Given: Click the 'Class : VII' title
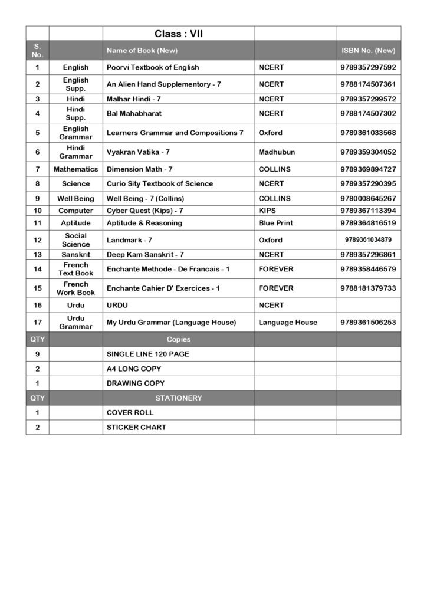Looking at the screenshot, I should coord(178,34).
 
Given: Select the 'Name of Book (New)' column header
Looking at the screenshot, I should coord(142,51).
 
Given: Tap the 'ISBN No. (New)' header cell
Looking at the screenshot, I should coord(369,51).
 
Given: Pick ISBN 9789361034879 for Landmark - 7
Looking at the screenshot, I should coord(368,240).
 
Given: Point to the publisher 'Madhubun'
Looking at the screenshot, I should coord(277,152).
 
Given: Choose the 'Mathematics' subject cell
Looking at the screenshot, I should coord(75,169).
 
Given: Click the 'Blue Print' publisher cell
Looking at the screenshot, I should coord(275,223).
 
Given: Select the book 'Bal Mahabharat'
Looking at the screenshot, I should coord(134,113).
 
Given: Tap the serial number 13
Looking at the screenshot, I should coord(37,255).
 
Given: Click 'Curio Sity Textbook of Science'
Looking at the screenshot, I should coord(159,184).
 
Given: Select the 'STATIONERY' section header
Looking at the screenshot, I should coord(178,398).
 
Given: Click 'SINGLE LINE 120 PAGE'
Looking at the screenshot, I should coord(147,354).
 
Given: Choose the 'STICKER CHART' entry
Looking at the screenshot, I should coord(136,427).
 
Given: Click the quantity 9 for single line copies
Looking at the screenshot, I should coord(37,354).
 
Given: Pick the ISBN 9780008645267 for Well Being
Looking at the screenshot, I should coord(368,199).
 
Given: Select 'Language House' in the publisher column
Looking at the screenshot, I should coord(288,323).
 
